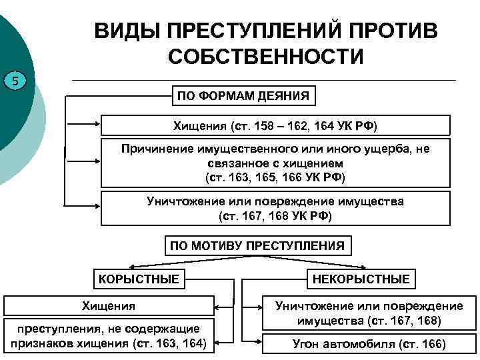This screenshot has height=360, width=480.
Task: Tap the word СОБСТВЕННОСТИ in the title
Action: point(265,56)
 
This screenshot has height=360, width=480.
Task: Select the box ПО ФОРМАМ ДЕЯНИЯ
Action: point(243,96)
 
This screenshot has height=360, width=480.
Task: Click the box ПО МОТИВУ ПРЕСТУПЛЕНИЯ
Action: point(257,245)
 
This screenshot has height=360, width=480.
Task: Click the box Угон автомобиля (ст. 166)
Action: point(369,344)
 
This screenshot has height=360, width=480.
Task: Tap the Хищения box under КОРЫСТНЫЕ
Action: point(109,306)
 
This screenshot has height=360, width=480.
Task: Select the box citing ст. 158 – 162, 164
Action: point(275,125)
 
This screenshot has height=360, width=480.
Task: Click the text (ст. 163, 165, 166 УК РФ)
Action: point(275,177)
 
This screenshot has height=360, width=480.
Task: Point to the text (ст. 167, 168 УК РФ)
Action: point(275,217)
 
